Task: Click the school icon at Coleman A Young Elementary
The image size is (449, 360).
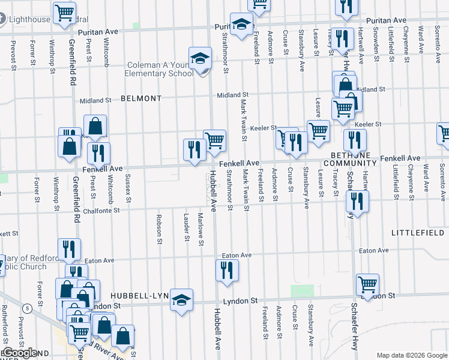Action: click(200, 59)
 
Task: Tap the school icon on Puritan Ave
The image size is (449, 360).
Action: click(241, 25)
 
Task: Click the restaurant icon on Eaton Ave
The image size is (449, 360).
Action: click(228, 271)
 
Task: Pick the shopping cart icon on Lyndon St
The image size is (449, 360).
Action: click(367, 285)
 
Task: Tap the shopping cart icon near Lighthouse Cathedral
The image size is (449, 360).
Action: click(64, 13)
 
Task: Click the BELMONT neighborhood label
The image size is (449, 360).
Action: click(141, 98)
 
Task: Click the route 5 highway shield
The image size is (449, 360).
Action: click(27, 308)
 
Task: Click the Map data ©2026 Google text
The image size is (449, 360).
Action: click(412, 355)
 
